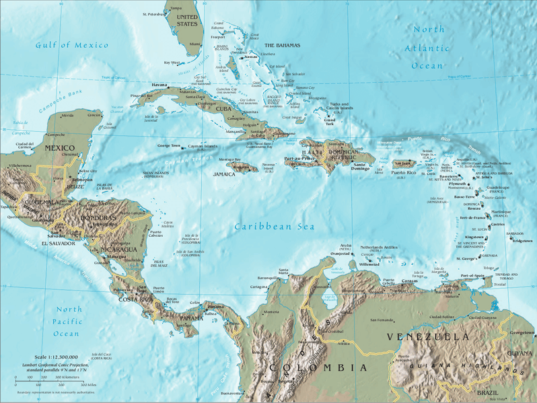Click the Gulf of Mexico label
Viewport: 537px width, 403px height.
[x=72, y=45]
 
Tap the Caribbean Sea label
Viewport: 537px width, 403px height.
[x=275, y=227]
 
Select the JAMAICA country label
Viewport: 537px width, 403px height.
[x=224, y=174]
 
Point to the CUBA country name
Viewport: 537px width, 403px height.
[x=223, y=109]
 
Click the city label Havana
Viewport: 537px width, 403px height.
[x=159, y=85]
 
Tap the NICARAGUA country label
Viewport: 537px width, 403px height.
[x=120, y=248]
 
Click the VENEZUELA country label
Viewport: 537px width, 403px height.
[x=427, y=336]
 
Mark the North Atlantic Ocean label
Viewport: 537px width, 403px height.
[x=429, y=48]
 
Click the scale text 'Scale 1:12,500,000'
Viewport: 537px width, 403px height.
[x=55, y=357]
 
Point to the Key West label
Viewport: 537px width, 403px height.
[x=172, y=63]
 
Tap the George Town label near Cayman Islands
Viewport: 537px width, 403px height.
[x=169, y=145]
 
